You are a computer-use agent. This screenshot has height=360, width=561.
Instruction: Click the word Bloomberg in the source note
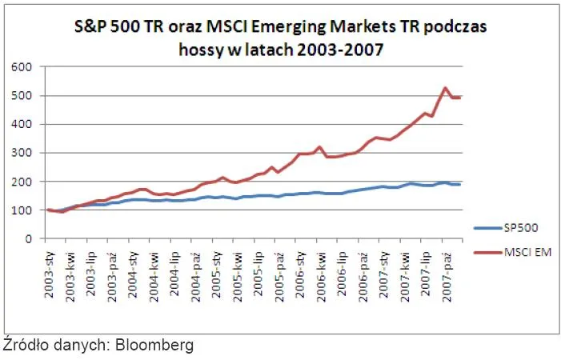(154, 346)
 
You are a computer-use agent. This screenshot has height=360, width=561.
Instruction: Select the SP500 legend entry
(522, 227)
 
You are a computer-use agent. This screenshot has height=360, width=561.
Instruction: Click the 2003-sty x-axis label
(50, 271)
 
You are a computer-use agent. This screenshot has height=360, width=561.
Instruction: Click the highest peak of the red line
(446, 88)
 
